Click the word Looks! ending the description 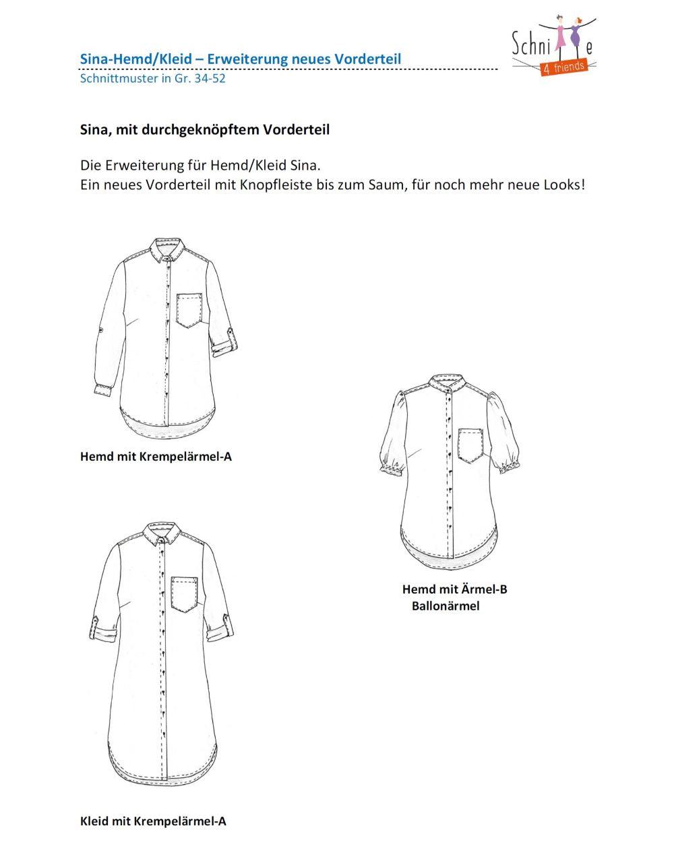point(564,184)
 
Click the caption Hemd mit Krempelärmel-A point(156,457)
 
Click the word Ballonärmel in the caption point(446,606)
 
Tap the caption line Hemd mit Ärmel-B point(454,589)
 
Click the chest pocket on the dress point(184,593)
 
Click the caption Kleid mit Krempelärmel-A point(153,821)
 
